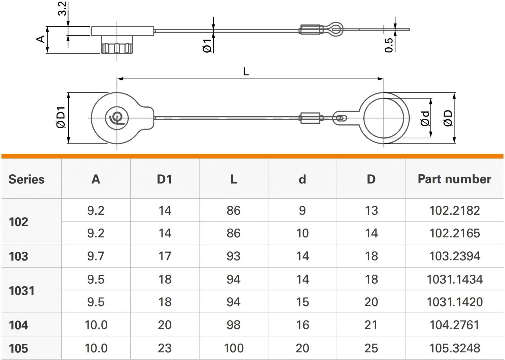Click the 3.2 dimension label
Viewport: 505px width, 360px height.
click(x=62, y=9)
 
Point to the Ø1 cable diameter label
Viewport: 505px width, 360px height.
click(x=207, y=46)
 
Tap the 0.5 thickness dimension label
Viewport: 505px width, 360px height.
click(x=389, y=45)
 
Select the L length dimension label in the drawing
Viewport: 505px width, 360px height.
click(x=246, y=72)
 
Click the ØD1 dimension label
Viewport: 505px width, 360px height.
click(x=61, y=117)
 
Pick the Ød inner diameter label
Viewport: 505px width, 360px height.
click(x=425, y=118)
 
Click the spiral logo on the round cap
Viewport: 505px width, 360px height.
click(x=117, y=118)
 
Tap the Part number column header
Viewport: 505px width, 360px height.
click(x=454, y=179)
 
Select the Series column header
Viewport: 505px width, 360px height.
click(x=27, y=179)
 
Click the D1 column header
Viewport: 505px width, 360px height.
click(x=164, y=179)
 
